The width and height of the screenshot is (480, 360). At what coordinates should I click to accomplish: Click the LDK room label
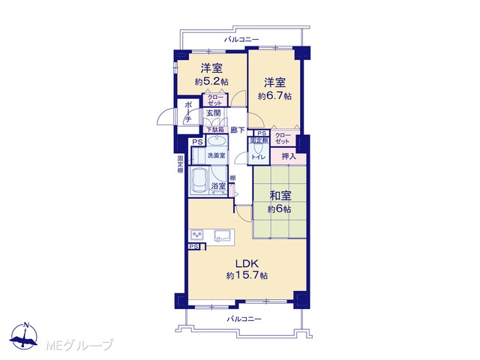247,263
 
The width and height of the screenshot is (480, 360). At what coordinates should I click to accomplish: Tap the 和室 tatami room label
280,196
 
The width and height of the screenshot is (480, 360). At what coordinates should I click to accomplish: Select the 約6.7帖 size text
274,96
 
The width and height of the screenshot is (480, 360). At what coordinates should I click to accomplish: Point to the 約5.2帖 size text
211,82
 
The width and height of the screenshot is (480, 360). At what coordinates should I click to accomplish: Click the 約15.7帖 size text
247,276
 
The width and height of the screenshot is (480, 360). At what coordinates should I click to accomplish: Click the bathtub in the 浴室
198,181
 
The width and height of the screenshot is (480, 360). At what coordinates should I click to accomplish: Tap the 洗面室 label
217,155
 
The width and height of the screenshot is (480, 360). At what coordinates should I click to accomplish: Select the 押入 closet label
289,157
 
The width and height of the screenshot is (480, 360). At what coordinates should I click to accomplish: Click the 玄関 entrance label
213,112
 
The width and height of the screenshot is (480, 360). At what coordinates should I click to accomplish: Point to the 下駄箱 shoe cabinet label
215,130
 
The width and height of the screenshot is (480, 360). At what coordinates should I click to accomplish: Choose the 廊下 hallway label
238,130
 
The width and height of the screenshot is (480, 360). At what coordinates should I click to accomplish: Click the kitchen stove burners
196,235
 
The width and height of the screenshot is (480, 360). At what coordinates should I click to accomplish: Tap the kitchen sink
223,236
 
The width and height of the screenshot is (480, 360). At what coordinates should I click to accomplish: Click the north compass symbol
24,336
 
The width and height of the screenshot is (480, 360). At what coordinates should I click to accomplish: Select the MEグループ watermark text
79,345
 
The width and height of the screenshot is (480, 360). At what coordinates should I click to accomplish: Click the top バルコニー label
241,40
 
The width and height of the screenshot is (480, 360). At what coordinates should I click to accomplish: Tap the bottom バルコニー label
244,319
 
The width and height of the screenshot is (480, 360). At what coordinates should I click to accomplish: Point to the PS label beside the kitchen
193,247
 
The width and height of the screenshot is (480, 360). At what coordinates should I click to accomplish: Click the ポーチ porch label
188,112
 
